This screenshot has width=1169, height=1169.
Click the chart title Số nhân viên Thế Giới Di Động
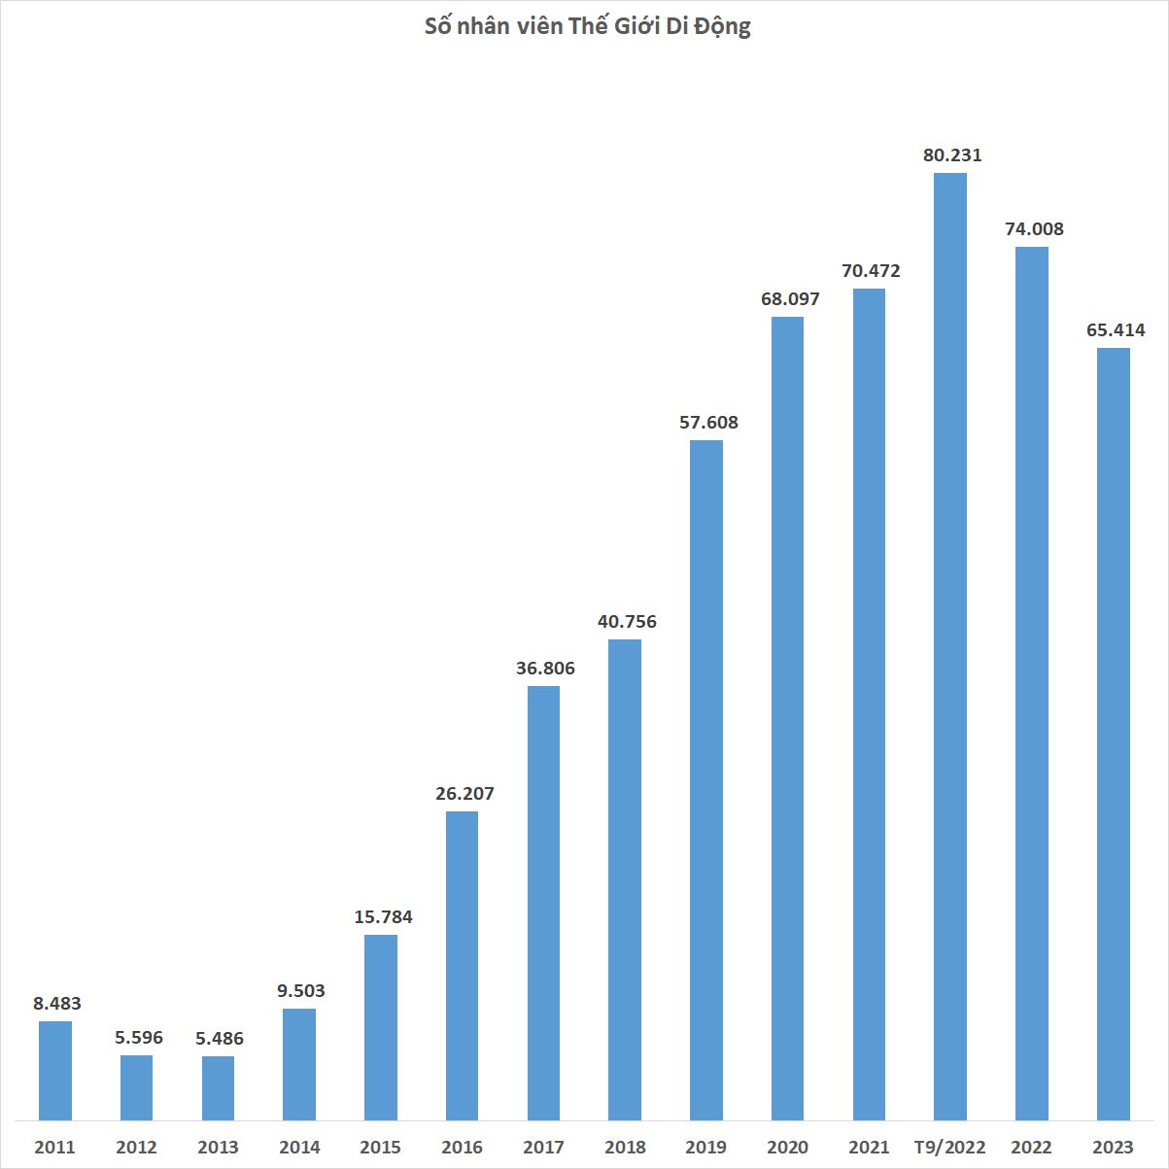(587, 26)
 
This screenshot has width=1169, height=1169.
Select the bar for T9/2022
(949, 646)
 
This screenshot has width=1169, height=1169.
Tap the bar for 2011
(55, 1070)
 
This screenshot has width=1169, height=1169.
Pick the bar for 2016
(462, 965)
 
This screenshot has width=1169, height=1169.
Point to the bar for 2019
(706, 779)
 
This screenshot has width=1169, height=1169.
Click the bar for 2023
(1113, 734)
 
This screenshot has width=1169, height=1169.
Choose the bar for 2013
(218, 1087)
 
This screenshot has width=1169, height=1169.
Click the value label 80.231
(952, 155)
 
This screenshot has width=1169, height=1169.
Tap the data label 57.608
(708, 423)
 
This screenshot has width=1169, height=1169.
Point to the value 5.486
(220, 1039)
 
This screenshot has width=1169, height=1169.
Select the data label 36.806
(545, 669)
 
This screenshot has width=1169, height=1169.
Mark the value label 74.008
(1034, 229)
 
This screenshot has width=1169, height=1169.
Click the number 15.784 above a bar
(383, 916)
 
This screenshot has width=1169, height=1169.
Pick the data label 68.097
(790, 299)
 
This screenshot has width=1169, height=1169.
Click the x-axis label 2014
(299, 1148)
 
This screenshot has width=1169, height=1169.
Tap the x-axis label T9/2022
(950, 1148)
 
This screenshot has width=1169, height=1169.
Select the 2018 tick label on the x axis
(625, 1148)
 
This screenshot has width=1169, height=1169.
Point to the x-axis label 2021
(869, 1148)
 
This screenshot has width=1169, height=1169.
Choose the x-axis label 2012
(136, 1148)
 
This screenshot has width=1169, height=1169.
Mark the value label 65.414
(1116, 330)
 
